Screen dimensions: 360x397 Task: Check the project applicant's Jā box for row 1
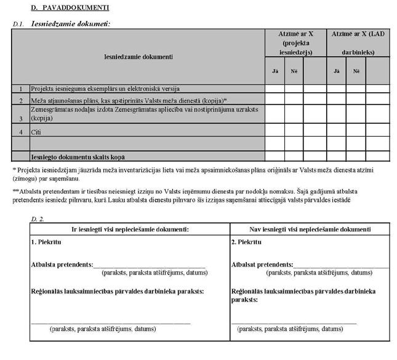275,89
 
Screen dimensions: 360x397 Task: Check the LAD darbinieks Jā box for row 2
336,99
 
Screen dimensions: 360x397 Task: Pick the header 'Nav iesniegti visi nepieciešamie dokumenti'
310,229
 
